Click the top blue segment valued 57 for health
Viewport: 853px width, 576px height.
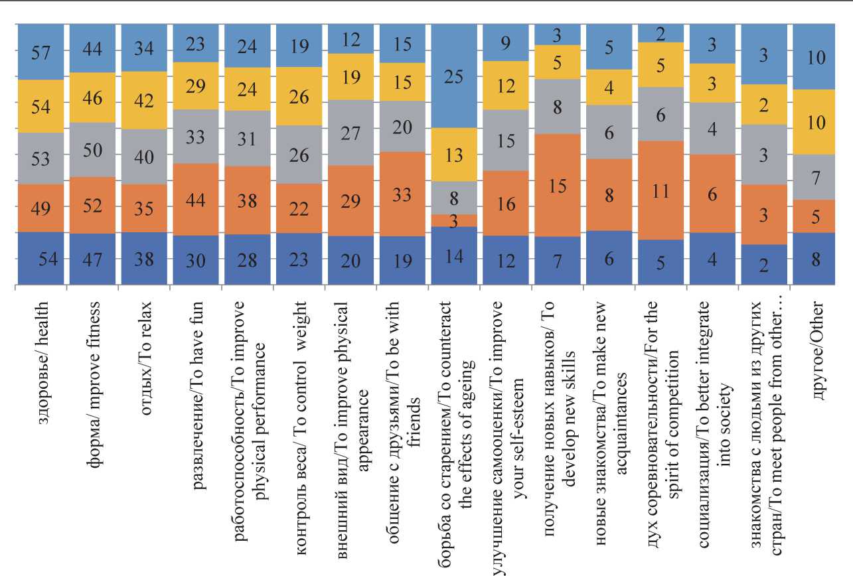point(40,52)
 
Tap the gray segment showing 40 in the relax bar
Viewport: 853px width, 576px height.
point(144,157)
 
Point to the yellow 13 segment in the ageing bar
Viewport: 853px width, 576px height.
point(455,155)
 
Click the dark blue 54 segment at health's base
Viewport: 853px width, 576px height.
point(40,259)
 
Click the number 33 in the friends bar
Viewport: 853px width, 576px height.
point(403,195)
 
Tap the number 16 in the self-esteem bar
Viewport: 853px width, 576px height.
point(506,204)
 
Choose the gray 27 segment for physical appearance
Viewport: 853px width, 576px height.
point(351,133)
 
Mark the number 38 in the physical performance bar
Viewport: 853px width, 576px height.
point(248,200)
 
